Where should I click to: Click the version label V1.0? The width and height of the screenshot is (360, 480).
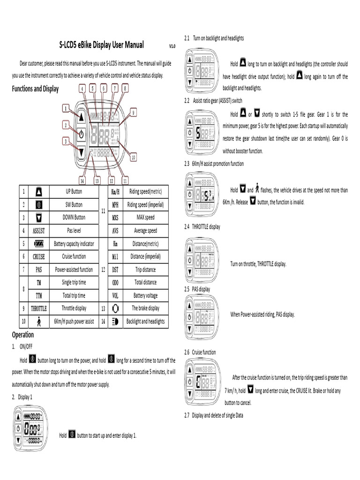(172, 46)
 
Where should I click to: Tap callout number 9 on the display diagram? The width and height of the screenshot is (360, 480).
(134, 112)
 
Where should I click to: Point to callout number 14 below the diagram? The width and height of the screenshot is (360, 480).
(82, 180)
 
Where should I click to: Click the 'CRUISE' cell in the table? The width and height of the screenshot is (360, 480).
(39, 256)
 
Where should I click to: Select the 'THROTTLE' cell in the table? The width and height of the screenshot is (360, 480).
(39, 308)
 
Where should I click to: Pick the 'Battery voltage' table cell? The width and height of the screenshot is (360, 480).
(145, 296)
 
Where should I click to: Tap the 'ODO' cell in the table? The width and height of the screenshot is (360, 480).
(115, 283)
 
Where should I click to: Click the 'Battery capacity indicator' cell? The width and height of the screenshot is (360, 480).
(74, 244)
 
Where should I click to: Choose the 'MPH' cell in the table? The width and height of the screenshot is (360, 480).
(115, 204)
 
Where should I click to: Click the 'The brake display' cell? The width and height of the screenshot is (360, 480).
(145, 308)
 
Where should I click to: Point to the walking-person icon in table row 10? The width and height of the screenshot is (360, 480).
(39, 322)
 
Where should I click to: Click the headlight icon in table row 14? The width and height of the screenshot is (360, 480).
(115, 322)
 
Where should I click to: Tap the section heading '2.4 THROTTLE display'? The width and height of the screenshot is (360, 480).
(202, 226)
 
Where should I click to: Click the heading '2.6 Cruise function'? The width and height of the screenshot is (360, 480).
(200, 352)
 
